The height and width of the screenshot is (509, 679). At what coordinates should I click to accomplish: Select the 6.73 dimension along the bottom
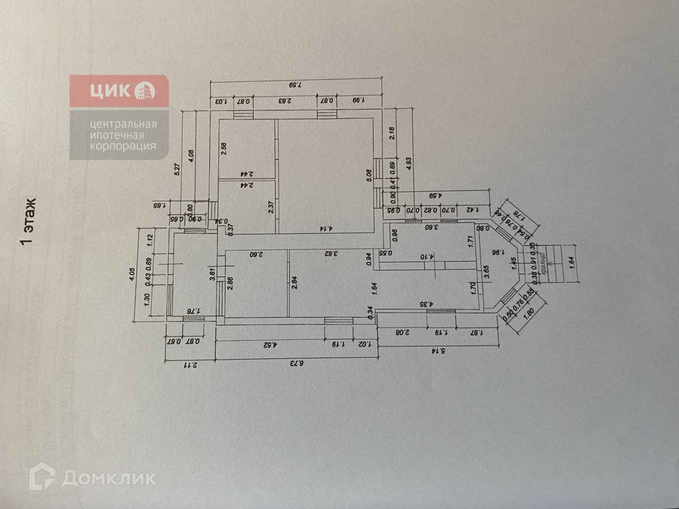pyautogui.click(x=296, y=363)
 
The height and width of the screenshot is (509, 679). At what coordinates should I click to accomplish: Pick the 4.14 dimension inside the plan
pyautogui.click(x=327, y=229)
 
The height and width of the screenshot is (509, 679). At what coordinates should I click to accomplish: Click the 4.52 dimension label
pyautogui.click(x=269, y=345)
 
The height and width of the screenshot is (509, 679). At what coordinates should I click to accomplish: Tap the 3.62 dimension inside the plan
pyautogui.click(x=332, y=253)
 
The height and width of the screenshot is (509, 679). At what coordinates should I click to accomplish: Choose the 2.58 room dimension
pyautogui.click(x=224, y=149)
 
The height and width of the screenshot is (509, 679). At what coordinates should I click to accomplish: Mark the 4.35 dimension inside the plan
pyautogui.click(x=426, y=304)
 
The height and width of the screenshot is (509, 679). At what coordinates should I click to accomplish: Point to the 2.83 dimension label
pyautogui.click(x=285, y=101)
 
